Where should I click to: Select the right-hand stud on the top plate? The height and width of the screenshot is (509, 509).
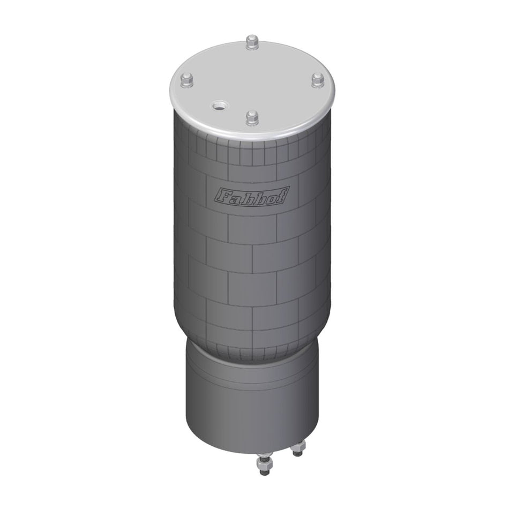[x=317, y=80]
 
